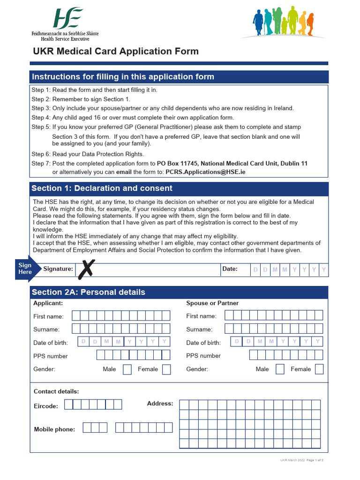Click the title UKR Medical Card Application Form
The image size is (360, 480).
115,51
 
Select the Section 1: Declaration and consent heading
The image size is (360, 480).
102,188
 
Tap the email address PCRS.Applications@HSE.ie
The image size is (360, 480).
205,172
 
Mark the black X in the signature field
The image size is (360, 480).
85,269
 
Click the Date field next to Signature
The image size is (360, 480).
289,270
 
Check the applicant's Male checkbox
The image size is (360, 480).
127,369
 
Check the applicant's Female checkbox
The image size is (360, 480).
166,369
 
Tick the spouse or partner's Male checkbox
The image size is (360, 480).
280,369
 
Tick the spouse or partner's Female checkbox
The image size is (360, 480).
319,369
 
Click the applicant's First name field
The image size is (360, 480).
121,315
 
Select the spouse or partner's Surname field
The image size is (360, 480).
274,329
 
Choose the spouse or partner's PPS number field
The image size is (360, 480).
286,355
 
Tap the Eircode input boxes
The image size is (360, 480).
93,405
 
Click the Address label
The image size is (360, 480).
160,404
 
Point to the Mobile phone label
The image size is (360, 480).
54,429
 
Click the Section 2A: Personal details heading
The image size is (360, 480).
89,292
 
